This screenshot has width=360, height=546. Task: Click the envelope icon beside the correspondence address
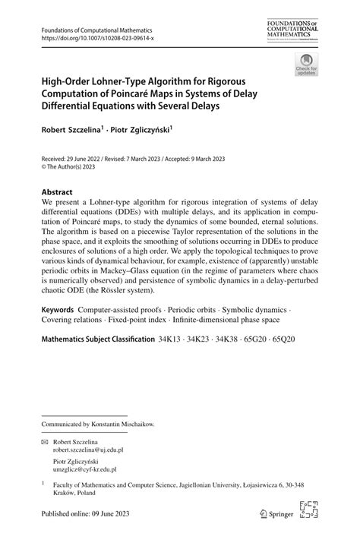click(x=45, y=441)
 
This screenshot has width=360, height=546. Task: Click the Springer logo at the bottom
click(x=278, y=514)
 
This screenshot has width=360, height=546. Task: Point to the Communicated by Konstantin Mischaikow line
click(x=98, y=424)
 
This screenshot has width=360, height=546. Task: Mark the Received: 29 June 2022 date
click(x=76, y=159)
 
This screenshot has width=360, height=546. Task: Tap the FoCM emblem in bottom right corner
click(x=309, y=512)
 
